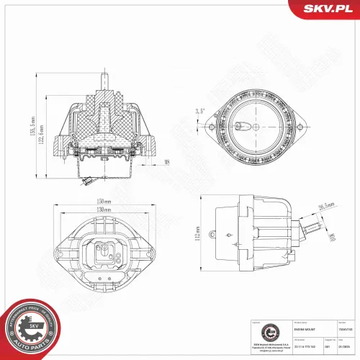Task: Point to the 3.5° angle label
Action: tap(199, 112)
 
